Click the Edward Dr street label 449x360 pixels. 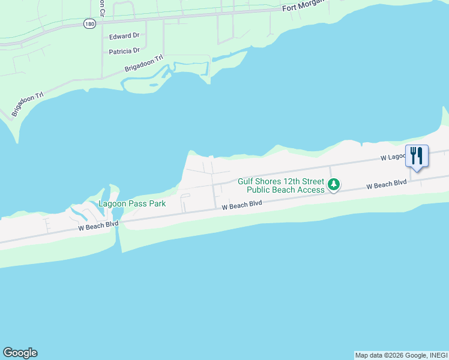click(x=124, y=37)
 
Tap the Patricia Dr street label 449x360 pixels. click(x=124, y=52)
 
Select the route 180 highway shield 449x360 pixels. click(x=89, y=23)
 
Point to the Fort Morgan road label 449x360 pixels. click(x=304, y=7)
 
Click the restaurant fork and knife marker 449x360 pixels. click(x=416, y=156)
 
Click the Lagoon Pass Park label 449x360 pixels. click(x=132, y=204)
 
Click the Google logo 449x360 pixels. click(x=20, y=353)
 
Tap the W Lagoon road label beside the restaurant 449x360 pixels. click(x=392, y=157)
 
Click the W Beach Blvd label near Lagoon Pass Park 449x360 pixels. click(x=98, y=226)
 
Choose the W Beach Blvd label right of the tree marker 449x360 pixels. click(x=387, y=184)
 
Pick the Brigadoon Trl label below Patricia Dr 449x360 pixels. click(x=144, y=64)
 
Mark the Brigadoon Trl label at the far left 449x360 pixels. click(x=28, y=104)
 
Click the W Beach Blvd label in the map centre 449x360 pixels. click(x=242, y=205)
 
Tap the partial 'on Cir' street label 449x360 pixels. click(x=103, y=8)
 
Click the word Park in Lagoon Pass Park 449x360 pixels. click(x=157, y=204)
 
